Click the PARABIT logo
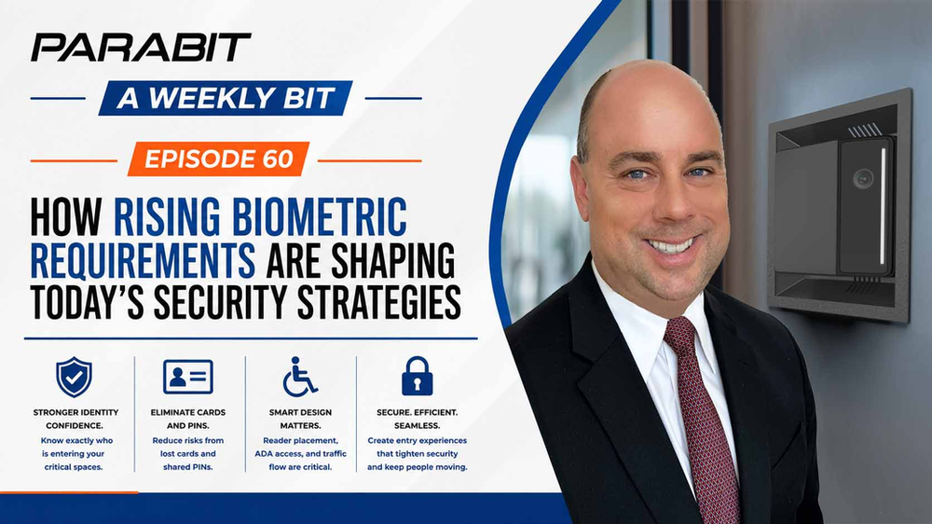[141, 48]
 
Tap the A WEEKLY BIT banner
[226, 98]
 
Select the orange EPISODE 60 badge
[219, 159]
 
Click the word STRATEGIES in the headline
[378, 302]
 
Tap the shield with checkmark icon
[74, 377]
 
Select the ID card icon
[188, 377]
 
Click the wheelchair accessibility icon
[299, 377]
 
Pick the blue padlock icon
[418, 376]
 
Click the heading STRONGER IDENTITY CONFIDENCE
[75, 419]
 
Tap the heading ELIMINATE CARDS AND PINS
[188, 419]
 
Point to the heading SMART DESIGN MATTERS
[300, 419]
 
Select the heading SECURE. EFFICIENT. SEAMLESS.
[418, 419]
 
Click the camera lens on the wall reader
[862, 178]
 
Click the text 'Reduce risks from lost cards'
[188, 448]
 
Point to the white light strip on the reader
[884, 206]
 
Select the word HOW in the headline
[66, 217]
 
